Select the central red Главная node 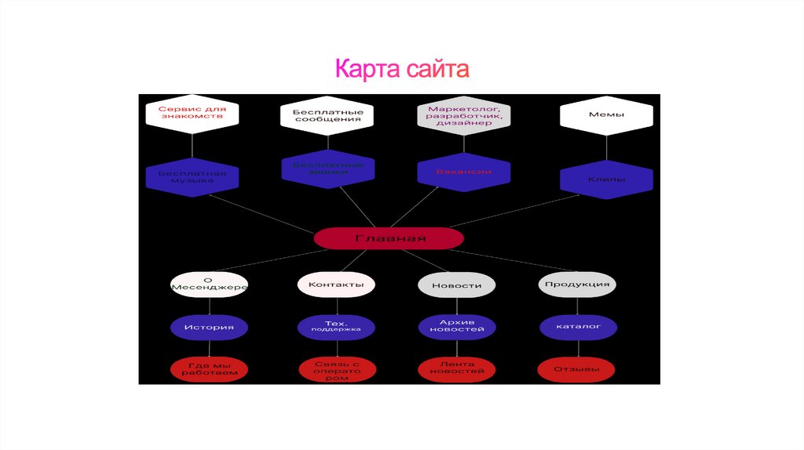(389, 238)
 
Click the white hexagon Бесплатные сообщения (327, 115)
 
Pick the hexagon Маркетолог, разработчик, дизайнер (464, 115)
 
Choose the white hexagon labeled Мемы (606, 115)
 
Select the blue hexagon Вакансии (464, 172)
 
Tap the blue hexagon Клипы (606, 180)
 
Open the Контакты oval (336, 285)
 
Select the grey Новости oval (456, 285)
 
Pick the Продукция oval (577, 284)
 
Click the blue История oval (209, 327)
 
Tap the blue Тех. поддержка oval (336, 326)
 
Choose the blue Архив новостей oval (456, 326)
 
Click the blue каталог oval (577, 326)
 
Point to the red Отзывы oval (577, 369)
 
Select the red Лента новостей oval (456, 370)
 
